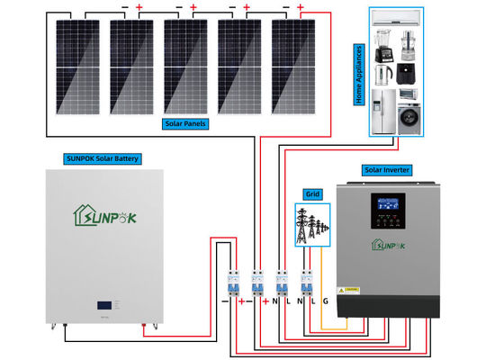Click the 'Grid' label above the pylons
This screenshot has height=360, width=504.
[x=312, y=193]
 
